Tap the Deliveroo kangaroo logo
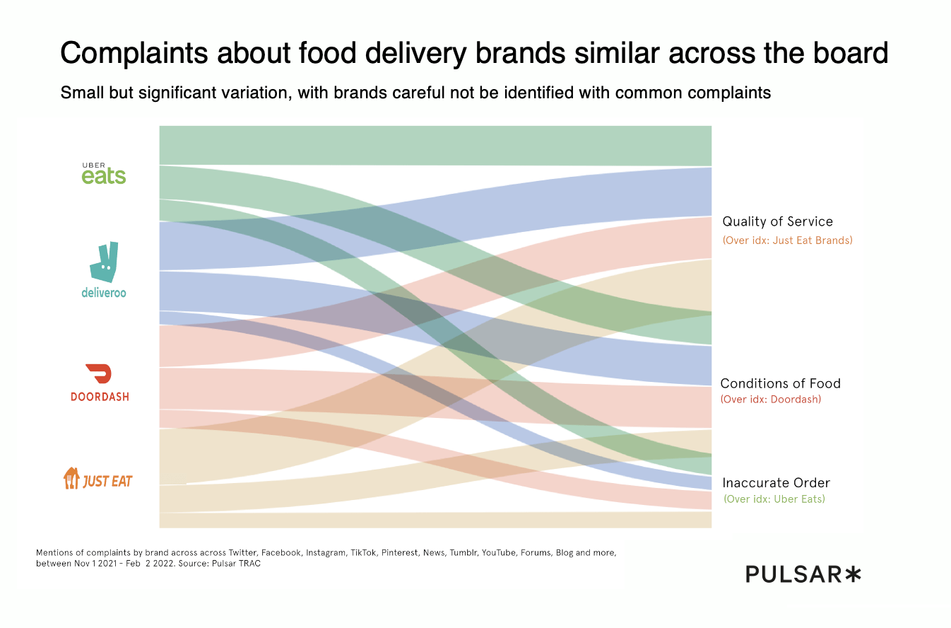coord(104,262)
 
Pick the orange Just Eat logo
coord(98,479)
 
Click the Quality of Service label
coord(777,222)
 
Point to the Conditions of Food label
coord(780,383)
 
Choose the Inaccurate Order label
coord(776,483)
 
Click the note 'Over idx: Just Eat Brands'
coord(787,240)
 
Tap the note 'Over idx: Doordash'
coord(771,399)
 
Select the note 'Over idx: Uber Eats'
coord(774,499)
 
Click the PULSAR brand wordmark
coord(793,574)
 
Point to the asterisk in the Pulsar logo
coord(853,574)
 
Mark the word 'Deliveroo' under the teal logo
coord(104,292)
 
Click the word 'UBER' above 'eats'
coord(93,165)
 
